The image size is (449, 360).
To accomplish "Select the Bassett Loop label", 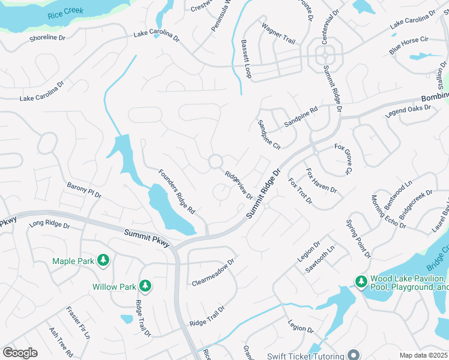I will coord(246,59).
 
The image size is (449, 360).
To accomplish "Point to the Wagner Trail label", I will coord(278,34).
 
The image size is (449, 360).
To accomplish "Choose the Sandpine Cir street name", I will coord(269,134).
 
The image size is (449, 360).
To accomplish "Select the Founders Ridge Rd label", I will coord(177,192).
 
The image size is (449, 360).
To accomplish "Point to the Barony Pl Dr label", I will coord(85,190).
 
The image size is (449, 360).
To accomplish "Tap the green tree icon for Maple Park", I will coord(104,260).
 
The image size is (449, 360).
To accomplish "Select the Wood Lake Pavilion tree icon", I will coord(361,281).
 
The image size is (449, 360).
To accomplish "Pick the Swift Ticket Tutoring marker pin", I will coord(354,354).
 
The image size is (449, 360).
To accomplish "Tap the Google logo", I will coord(20,353).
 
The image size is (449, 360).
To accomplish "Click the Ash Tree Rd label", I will coord(62,341).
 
